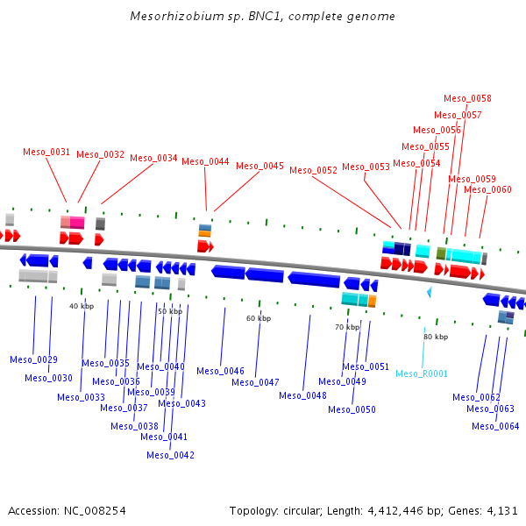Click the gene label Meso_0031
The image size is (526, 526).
pos(46,152)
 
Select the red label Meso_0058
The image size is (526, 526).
pos(467,99)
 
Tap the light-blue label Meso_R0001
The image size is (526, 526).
pos(421,373)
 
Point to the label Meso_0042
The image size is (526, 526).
pos(170,455)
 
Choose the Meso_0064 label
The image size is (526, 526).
pos(495,426)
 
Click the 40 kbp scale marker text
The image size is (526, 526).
pos(82,306)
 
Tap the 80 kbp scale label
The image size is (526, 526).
pos(436,337)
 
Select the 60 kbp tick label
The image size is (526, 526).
pos(259,318)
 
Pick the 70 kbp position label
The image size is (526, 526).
pos(347,327)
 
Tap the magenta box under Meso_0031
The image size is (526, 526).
pos(77,223)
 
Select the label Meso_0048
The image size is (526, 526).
pos(302,395)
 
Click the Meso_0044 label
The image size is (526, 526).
pos(205,161)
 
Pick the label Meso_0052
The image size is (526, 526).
pos(313,170)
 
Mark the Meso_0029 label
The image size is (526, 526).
pos(33,359)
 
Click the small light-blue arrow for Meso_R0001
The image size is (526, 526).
pos(429,291)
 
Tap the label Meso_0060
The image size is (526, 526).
pos(487,189)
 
